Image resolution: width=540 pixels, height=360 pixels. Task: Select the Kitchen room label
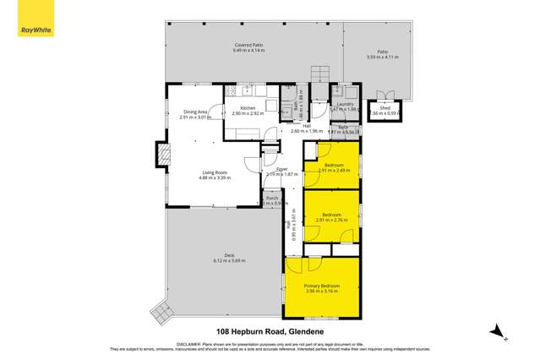click(248, 109)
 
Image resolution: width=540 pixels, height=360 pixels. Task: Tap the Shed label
click(385, 108)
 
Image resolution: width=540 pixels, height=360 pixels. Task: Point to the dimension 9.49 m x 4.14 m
click(249, 51)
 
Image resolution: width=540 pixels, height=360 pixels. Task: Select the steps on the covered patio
click(319, 74)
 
